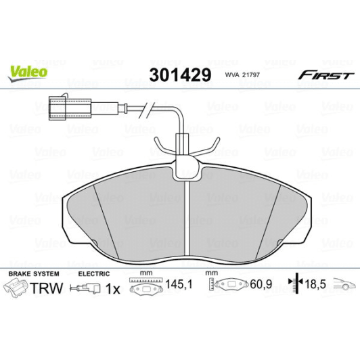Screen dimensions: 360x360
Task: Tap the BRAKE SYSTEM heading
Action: (x=33, y=273)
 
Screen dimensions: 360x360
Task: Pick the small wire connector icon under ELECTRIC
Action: (x=89, y=289)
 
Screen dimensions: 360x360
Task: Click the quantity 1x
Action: (x=114, y=289)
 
